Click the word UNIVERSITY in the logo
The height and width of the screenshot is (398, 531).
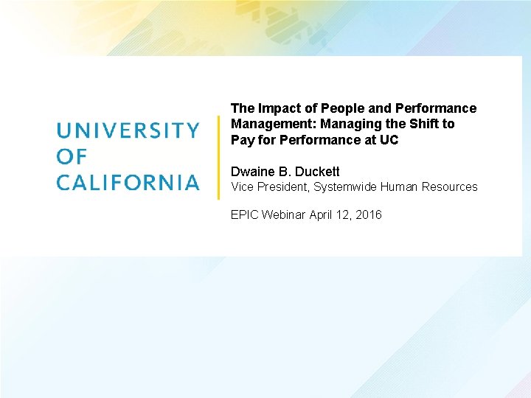coord(128,130)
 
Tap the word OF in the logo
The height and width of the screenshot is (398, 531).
coord(72,156)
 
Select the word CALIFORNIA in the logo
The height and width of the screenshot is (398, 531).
coord(128,182)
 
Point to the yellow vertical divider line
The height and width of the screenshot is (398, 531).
coord(218,157)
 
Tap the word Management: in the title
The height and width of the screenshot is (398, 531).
coord(274,124)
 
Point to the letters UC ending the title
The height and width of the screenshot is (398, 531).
coord(389,139)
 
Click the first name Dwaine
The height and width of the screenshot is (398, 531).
coord(251,172)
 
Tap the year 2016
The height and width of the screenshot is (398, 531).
coord(369,214)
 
